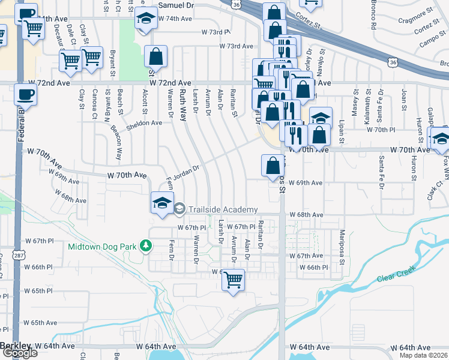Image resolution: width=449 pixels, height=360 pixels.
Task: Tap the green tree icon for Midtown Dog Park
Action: pos(145,245)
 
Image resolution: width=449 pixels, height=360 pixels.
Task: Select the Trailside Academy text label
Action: pos(223,209)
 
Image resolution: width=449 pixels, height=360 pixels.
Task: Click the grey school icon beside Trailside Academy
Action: pos(179,209)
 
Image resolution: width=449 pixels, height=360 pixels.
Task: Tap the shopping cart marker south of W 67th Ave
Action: pos(234,279)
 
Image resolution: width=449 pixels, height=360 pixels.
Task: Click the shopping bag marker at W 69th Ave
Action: pos(273,164)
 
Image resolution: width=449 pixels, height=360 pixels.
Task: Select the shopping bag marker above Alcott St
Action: pos(155,58)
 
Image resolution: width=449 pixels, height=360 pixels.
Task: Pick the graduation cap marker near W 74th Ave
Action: pos(145,20)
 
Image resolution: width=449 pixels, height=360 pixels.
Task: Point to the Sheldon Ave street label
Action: pos(143,124)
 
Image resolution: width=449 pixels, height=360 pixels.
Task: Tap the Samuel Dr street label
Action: pos(176,4)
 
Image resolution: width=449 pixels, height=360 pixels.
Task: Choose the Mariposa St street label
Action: pos(342,246)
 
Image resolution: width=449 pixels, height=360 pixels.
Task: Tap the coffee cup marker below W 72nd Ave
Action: pos(25,95)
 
